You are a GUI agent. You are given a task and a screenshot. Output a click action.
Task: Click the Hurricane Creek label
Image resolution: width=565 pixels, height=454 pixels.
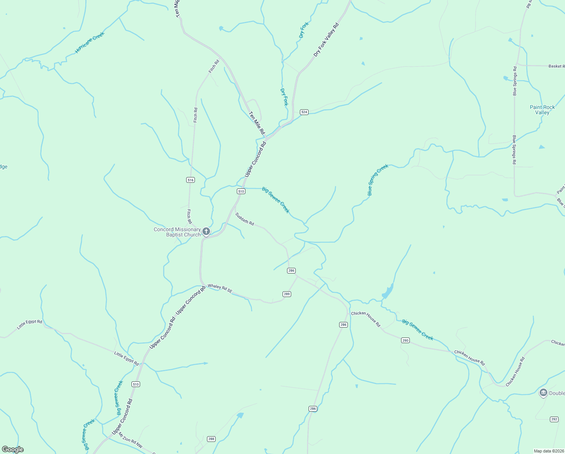[90, 42]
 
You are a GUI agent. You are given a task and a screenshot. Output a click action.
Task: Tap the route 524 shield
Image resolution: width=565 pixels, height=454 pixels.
[304, 112]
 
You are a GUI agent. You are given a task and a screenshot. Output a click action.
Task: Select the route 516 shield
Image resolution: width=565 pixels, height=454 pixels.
[190, 180]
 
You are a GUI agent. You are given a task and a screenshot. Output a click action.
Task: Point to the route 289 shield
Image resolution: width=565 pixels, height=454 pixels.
[287, 294]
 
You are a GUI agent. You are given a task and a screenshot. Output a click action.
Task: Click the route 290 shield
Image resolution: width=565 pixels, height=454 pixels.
[405, 340]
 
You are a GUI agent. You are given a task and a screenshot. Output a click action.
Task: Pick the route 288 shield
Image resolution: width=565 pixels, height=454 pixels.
[211, 439]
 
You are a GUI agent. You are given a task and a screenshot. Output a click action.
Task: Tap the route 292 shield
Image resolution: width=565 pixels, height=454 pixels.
[554, 419]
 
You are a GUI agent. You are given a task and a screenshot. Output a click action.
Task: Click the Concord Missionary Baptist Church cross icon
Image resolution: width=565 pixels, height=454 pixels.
[206, 231]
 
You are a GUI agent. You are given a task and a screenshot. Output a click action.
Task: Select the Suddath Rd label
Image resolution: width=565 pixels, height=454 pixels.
[244, 219]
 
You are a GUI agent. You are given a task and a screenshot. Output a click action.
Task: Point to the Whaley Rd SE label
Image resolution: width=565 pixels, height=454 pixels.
[220, 288]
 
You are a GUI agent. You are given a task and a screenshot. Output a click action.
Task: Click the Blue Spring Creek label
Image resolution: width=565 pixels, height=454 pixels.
[378, 180]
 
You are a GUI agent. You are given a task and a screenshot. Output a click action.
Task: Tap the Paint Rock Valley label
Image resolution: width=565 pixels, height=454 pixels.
[542, 110]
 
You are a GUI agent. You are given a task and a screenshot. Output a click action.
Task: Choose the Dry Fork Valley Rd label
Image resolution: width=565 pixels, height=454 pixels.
[326, 40]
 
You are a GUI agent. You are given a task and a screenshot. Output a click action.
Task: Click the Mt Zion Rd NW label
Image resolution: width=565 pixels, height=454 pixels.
[131, 441]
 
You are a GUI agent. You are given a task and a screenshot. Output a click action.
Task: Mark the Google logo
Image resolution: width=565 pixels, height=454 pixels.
[13, 449]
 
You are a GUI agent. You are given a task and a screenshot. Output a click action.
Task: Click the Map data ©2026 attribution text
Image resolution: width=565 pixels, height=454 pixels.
[549, 451]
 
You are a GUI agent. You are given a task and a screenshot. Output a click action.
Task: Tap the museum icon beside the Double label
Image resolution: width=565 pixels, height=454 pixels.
[543, 393]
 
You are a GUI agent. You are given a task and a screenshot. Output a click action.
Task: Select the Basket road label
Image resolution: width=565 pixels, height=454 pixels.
[556, 66]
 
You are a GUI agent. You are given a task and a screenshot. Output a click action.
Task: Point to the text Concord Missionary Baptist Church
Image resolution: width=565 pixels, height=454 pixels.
[177, 232]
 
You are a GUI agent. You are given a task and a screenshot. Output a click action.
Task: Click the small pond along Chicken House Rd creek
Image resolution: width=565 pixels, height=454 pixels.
[387, 292]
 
